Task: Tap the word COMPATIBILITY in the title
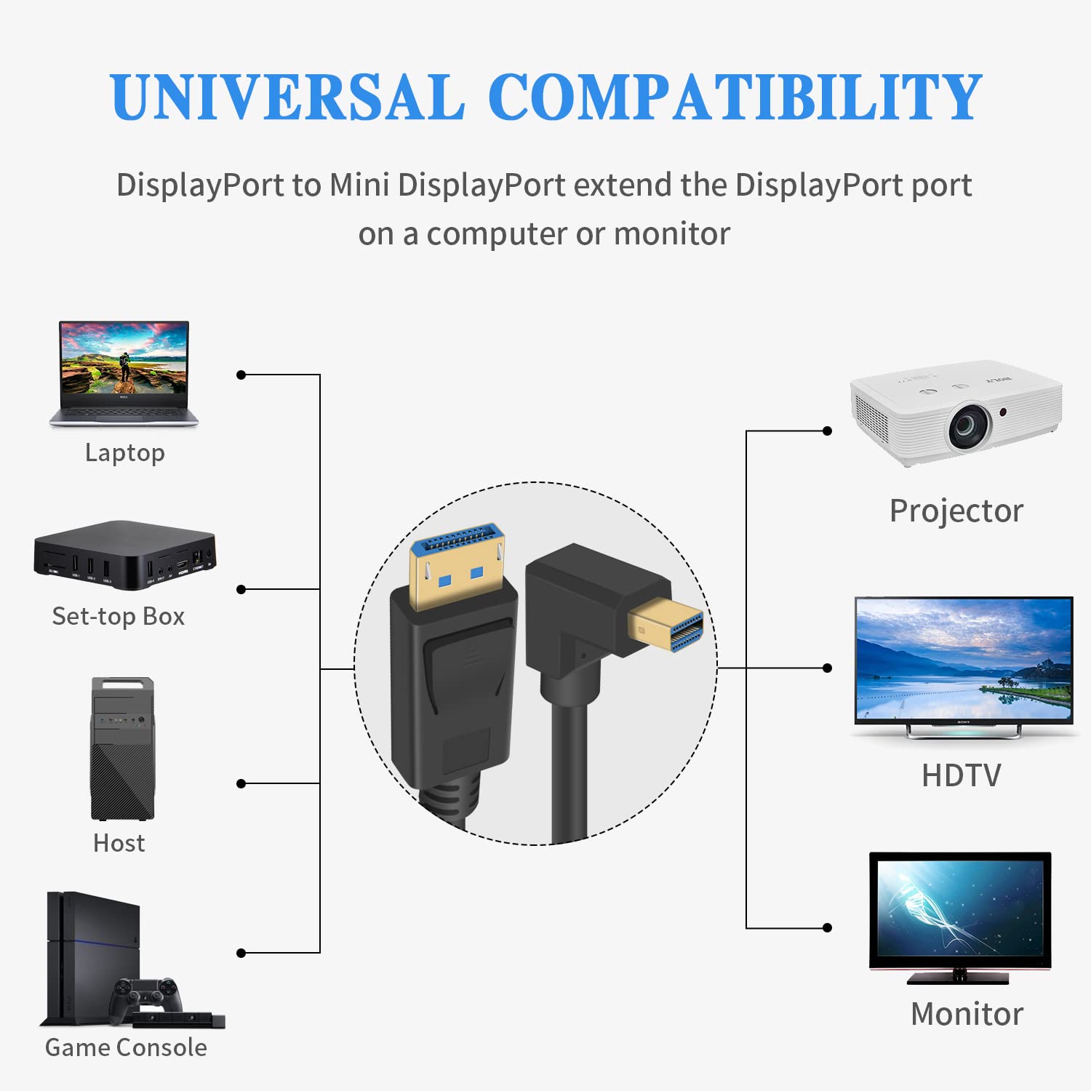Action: coord(735,97)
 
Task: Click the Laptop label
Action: coord(125,452)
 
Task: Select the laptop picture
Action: coord(124,373)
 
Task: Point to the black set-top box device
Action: coord(125,554)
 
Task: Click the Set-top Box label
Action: coord(119,617)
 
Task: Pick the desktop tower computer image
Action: coord(122,749)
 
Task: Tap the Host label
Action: coord(119,843)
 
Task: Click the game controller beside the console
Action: coord(145,996)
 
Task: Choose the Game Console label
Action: coord(126,1047)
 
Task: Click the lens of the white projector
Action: coord(968,425)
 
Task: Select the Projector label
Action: coord(956,511)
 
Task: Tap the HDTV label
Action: coord(961,775)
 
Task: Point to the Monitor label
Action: coord(967,1014)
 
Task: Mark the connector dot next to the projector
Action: coord(827,431)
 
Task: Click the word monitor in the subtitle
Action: coord(671,234)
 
